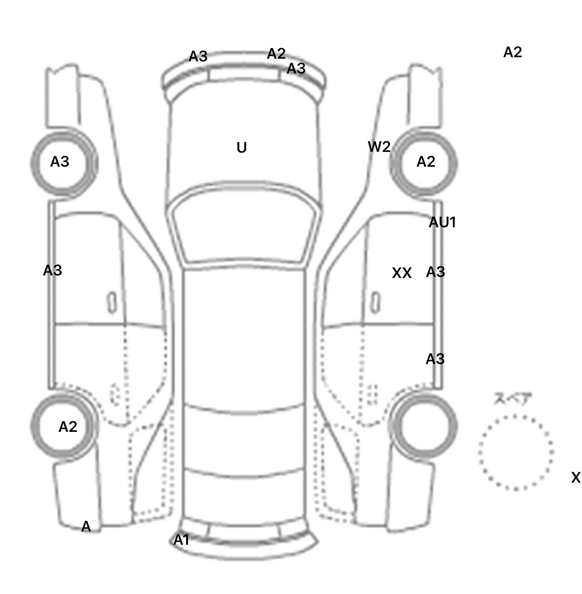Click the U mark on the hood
point(241,148)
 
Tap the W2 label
point(379,147)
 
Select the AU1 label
point(442,222)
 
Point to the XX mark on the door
point(402,273)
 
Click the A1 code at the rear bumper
point(181,540)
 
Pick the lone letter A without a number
point(86,527)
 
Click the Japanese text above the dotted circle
point(512,399)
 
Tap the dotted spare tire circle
point(516,453)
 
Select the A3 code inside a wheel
point(60,162)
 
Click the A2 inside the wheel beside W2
point(426,162)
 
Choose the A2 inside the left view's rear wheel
point(68,427)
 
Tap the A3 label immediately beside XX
point(435,272)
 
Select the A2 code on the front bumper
point(276,54)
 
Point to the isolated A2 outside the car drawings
point(513,52)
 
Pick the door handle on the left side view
point(112,302)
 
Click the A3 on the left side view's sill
point(52,270)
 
